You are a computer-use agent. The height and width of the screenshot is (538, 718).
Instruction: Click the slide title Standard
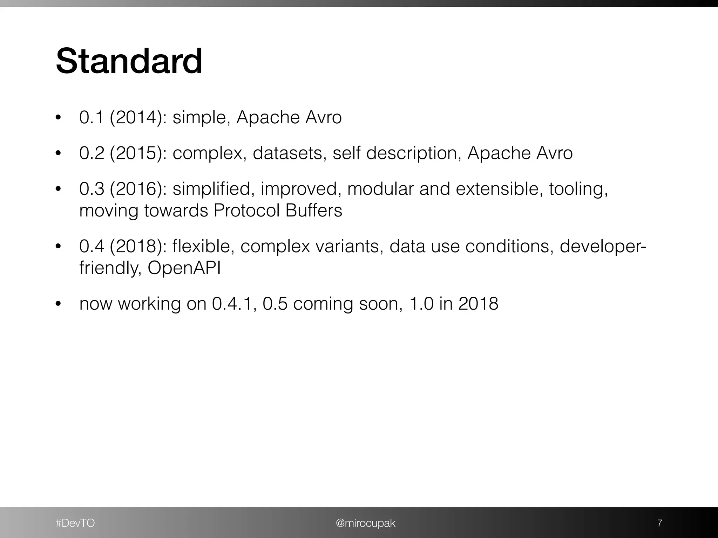(129, 62)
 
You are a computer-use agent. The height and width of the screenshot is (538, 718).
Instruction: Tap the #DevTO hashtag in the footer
(75, 523)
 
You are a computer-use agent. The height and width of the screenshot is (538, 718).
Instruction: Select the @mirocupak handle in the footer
(366, 523)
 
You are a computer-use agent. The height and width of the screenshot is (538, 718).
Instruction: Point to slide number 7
(659, 523)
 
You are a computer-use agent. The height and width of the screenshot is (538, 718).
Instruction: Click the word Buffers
(313, 211)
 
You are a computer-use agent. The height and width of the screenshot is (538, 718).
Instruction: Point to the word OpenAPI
(184, 268)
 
